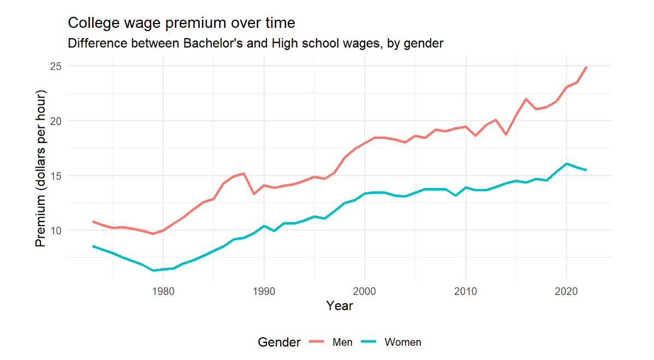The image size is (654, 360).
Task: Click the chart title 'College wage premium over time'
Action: tap(181, 23)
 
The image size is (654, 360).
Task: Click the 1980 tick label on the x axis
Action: tap(163, 291)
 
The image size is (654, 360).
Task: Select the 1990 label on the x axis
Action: tap(264, 291)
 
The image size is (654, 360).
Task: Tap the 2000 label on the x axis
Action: tap(364, 291)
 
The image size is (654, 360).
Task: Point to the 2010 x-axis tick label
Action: tap(465, 291)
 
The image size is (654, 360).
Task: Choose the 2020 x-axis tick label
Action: tap(566, 291)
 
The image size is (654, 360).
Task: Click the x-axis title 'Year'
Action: tap(339, 306)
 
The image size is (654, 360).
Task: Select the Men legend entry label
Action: tap(342, 343)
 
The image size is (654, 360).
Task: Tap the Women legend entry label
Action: tap(403, 343)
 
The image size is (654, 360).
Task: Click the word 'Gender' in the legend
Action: tap(279, 343)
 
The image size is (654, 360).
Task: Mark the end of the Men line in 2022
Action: tap(586, 67)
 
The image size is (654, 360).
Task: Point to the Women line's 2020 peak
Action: tap(566, 163)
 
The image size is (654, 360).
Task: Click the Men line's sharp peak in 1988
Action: tap(243, 173)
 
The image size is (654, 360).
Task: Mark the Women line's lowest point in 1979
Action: tap(153, 270)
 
